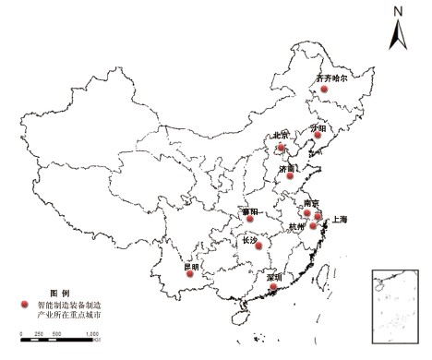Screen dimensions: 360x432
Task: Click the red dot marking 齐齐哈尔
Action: pyautogui.click(x=324, y=89)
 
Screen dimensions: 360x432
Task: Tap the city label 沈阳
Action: pyautogui.click(x=319, y=126)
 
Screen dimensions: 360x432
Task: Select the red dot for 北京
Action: pyautogui.click(x=282, y=146)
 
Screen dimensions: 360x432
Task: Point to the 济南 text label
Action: pyautogui.click(x=287, y=168)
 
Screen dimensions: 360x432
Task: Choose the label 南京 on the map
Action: pyautogui.click(x=311, y=202)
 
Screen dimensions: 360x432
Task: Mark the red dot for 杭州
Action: pyautogui.click(x=314, y=225)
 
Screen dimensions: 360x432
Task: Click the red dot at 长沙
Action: pyautogui.click(x=259, y=246)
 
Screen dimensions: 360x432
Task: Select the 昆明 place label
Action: pyautogui.click(x=191, y=266)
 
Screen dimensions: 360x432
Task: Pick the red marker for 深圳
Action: pyautogui.click(x=274, y=288)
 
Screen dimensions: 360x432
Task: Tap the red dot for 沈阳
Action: pyautogui.click(x=318, y=136)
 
